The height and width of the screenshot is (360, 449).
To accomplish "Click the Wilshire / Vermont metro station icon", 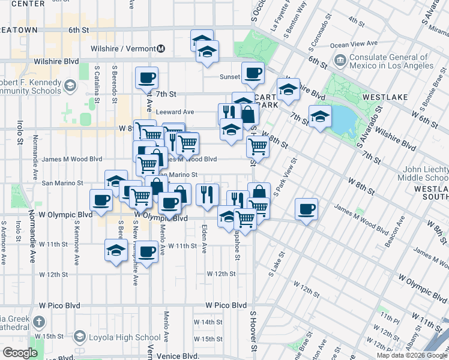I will tap(161, 48).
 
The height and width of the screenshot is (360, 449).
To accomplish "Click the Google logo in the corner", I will tap(20, 353).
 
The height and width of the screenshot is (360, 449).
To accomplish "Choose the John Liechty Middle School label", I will tap(424, 173).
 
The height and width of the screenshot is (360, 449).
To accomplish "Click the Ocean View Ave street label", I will tap(354, 44).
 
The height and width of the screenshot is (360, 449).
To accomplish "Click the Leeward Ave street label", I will tap(175, 112).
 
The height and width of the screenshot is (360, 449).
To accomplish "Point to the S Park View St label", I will tap(286, 176).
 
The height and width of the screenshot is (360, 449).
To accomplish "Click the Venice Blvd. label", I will tap(177, 356).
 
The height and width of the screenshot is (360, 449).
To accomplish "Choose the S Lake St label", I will tap(277, 263).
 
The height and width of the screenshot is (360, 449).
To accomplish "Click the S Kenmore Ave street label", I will tap(77, 244).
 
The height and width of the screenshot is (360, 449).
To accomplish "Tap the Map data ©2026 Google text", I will tap(411, 355).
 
